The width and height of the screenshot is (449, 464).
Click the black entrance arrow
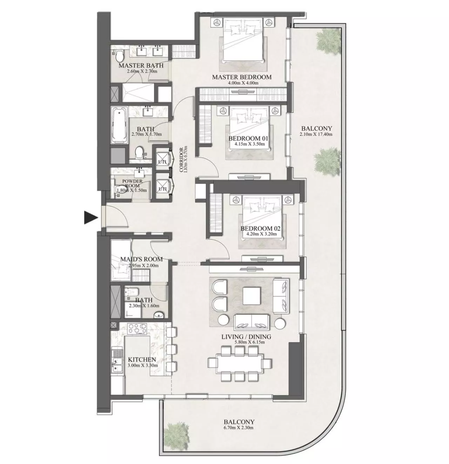click(x=91, y=217)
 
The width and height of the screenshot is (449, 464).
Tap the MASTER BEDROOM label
click(x=242, y=77)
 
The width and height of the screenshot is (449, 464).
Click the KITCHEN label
click(x=142, y=359)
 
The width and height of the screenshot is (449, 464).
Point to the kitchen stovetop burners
click(x=137, y=328)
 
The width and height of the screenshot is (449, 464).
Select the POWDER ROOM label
click(x=132, y=183)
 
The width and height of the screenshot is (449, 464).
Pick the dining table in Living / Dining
click(x=240, y=363)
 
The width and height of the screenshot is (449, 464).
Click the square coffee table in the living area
click(x=252, y=296)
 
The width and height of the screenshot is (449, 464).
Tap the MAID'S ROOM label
click(x=141, y=259)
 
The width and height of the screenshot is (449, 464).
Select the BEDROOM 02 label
click(x=260, y=228)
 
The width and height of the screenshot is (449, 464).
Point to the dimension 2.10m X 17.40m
click(x=316, y=134)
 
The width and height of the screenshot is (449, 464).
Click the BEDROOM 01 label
click(x=248, y=139)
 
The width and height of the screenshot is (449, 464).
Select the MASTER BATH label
click(x=141, y=65)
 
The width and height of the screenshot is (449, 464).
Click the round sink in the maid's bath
click(x=159, y=315)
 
